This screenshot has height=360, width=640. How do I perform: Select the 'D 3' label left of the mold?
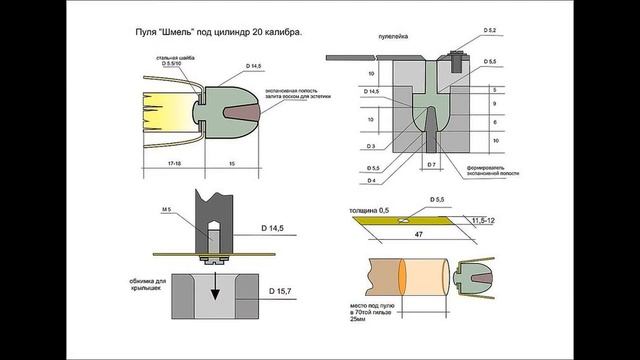point(372,146)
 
